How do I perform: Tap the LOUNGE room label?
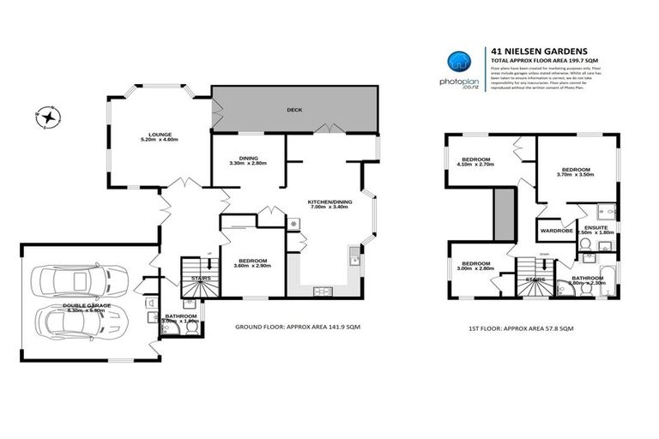coord(160,135)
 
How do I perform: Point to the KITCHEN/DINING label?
coord(326,203)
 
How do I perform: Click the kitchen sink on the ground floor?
coord(354,255)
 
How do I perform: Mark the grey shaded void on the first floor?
coord(504,215)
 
